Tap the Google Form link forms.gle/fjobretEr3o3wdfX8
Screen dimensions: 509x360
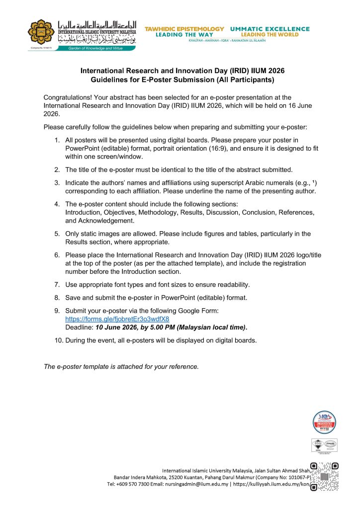(117, 319)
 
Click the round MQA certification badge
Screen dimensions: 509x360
(324, 423)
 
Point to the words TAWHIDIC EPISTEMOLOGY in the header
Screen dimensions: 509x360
(184, 29)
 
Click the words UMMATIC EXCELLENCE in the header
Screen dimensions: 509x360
(270, 29)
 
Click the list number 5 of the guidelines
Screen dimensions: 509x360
(58, 234)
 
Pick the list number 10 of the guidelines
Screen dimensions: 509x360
(59, 340)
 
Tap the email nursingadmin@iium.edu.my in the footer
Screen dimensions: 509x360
(195, 484)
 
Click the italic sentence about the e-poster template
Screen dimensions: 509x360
(121, 367)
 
